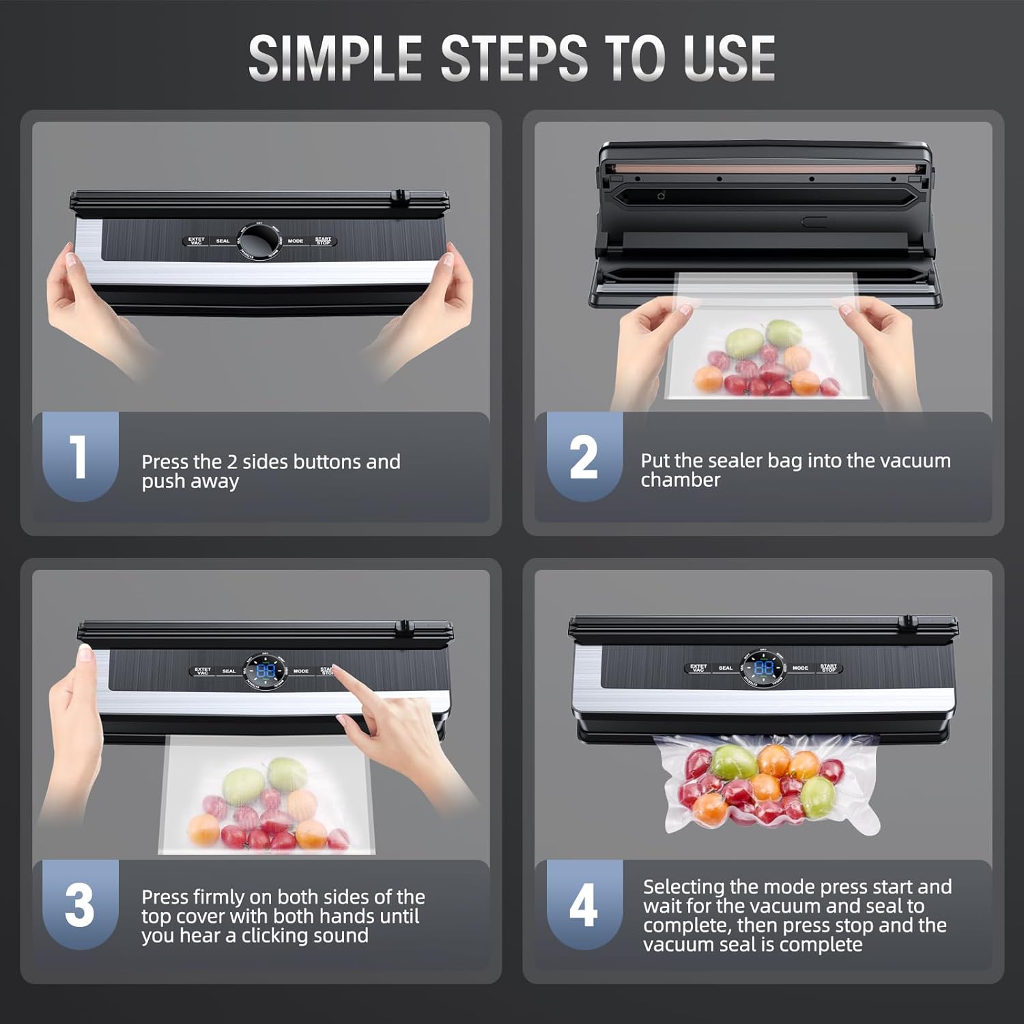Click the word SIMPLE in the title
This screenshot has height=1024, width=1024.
click(x=335, y=58)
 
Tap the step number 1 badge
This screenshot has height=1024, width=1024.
click(x=80, y=456)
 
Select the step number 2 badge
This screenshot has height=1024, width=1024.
click(x=584, y=456)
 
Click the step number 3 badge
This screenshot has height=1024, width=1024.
click(x=80, y=905)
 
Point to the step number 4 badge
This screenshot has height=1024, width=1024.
click(x=584, y=905)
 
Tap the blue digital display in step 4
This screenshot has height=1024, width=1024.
click(x=763, y=668)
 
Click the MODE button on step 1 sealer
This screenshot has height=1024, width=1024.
click(x=296, y=241)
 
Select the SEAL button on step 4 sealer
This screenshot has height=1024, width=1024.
click(x=725, y=668)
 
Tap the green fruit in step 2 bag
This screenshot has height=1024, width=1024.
click(x=743, y=341)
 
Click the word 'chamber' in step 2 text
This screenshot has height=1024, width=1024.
click(x=680, y=480)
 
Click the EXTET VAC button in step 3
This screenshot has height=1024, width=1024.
click(x=203, y=671)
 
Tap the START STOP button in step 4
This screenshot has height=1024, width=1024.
click(x=829, y=668)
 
